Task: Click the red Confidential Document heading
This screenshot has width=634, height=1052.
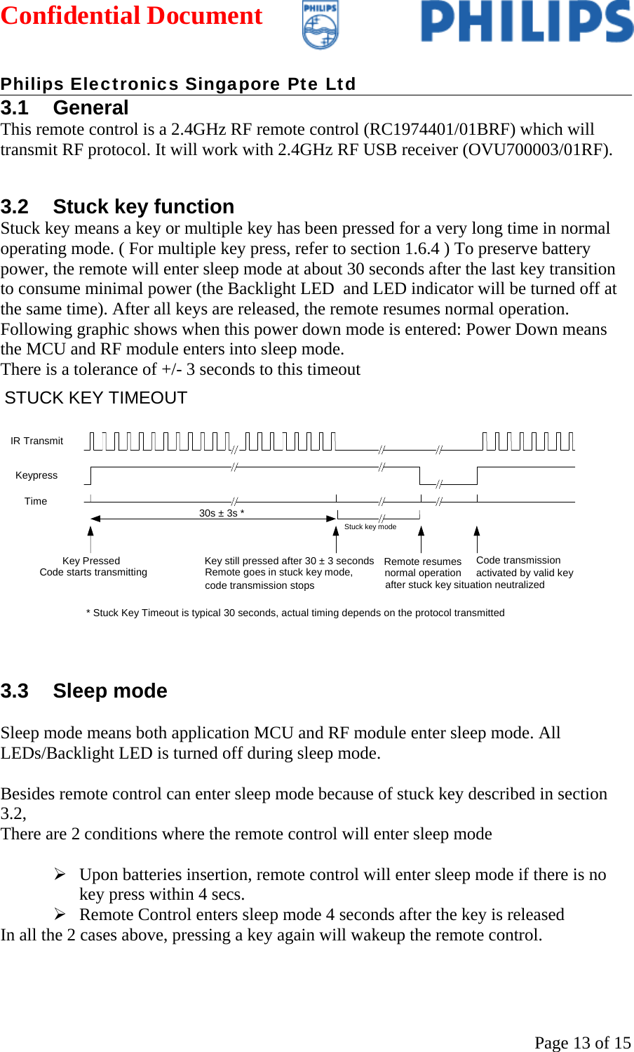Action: click(131, 15)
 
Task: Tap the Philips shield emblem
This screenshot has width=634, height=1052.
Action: click(320, 25)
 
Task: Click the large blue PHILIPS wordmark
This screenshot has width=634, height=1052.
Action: click(527, 22)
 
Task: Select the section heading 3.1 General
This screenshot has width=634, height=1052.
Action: click(65, 107)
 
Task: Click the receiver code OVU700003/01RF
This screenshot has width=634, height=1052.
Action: click(537, 149)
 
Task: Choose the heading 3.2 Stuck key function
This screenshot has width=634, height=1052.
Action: click(117, 206)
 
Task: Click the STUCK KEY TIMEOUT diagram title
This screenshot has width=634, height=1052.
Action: click(96, 398)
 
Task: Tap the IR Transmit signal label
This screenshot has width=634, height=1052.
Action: click(36, 441)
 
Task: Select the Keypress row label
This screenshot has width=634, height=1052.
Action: click(36, 475)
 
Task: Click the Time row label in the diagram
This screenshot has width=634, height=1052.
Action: click(36, 501)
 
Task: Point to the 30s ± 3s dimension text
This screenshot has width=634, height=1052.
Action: click(222, 513)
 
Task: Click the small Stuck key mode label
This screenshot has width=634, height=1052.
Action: click(370, 526)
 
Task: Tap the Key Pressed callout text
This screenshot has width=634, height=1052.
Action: click(91, 561)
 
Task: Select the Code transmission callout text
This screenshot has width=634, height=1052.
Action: click(518, 560)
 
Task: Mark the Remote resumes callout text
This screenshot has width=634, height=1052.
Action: click(422, 561)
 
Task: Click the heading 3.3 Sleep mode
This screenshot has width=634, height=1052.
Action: click(84, 691)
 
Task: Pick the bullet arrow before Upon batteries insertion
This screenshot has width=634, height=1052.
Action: click(60, 874)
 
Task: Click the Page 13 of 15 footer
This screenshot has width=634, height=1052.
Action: click(582, 1042)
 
